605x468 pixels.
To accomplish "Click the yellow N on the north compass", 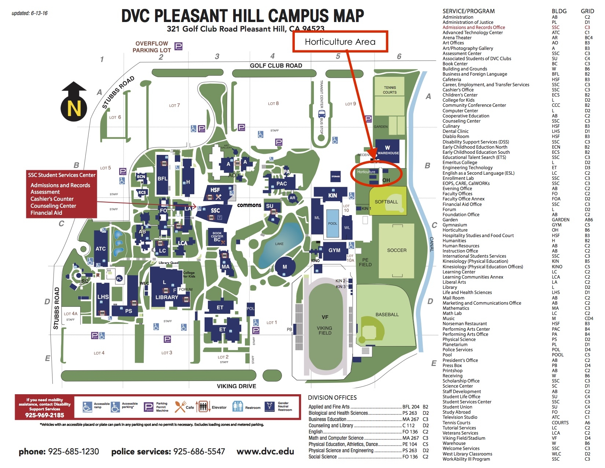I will (74, 109).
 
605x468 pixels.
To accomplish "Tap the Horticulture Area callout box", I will (340, 42).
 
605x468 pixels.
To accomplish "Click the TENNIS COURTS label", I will (389, 90).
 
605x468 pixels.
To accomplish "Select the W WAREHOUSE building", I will (388, 150).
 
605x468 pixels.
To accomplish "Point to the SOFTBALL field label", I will (386, 202).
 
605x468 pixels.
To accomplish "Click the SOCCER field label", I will (397, 250).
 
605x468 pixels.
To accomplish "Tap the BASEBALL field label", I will (387, 315).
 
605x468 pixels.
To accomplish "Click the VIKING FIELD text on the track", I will (324, 330).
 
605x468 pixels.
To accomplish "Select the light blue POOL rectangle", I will (333, 222).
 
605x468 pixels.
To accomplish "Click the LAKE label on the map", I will (279, 244).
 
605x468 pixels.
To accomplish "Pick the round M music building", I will (285, 267).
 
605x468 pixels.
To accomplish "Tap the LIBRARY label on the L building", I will (166, 297).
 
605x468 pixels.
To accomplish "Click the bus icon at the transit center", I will (322, 113).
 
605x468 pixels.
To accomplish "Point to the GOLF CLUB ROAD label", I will (276, 66).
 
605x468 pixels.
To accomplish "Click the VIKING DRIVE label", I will (236, 386).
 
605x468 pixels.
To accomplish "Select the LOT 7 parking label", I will (175, 105).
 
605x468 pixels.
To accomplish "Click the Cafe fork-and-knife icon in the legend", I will (180, 406).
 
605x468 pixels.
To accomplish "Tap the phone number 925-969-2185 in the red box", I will (44, 415).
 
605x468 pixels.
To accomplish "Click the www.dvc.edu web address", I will (265, 451).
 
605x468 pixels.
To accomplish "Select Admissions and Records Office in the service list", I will (473, 28).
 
